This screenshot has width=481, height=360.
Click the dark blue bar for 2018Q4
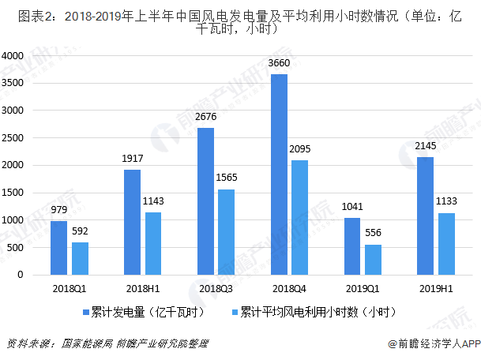(279, 174)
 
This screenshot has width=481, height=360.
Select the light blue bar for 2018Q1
(81, 259)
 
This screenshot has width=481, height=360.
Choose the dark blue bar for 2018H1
(132, 223)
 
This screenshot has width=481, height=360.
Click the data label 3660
(279, 63)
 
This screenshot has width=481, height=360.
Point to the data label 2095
(300, 149)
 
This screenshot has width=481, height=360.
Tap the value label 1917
(132, 159)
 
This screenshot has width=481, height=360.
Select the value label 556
(374, 234)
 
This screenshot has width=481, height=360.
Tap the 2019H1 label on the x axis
(437, 290)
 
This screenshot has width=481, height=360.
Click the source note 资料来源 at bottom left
(28, 343)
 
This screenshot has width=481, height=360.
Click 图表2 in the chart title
(24, 14)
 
